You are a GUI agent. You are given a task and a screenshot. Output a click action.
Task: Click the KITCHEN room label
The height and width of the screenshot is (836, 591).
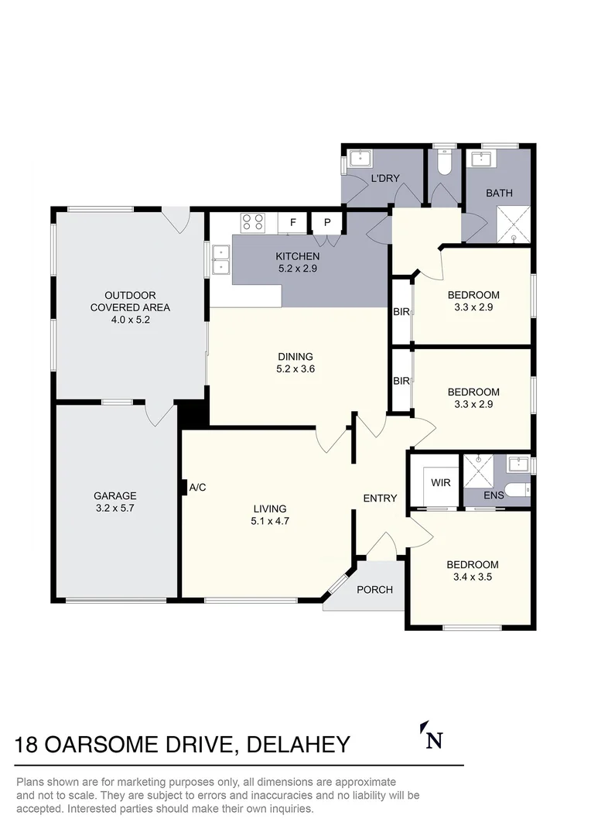coord(297,257)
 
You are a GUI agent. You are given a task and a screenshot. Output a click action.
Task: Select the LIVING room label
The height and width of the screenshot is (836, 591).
coord(269,509)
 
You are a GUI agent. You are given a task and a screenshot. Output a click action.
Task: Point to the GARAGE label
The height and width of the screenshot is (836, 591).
coord(114,496)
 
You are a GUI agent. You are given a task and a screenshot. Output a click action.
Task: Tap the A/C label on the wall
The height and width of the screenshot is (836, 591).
coord(197,488)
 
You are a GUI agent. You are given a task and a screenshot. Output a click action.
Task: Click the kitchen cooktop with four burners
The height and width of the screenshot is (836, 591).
coord(252,222)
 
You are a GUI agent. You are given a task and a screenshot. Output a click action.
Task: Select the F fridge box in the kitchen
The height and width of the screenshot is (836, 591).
coord(293,223)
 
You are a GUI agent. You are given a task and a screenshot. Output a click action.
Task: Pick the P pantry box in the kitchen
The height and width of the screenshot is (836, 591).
coord(327,223)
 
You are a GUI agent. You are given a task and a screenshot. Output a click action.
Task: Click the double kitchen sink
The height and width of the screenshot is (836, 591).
coord(220,259)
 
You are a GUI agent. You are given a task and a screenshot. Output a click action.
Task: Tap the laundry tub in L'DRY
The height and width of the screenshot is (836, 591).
coord(360,160)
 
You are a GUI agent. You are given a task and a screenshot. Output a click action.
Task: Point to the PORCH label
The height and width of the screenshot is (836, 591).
coord(374,590)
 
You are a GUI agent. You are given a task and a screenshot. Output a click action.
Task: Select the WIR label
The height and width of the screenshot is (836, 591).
coord(440,482)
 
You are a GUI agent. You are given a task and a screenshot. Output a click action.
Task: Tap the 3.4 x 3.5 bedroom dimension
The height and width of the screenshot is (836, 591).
coord(473,577)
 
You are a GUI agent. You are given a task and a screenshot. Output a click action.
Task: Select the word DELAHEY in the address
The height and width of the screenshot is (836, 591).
coord(297,745)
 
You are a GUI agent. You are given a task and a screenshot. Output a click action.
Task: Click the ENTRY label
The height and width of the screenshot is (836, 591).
coord(380,499)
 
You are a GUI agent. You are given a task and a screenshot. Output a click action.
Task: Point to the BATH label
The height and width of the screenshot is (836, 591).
coord(499,194)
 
